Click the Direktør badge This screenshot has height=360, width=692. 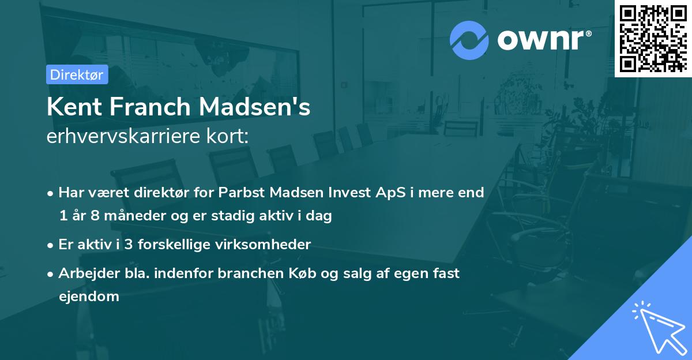point(77,74)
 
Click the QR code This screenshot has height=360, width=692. point(653,38)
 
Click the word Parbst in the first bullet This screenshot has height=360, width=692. point(239,192)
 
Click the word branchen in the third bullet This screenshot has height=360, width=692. point(247,273)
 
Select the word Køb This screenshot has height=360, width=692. point(295,273)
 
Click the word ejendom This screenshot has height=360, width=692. point(89,297)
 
